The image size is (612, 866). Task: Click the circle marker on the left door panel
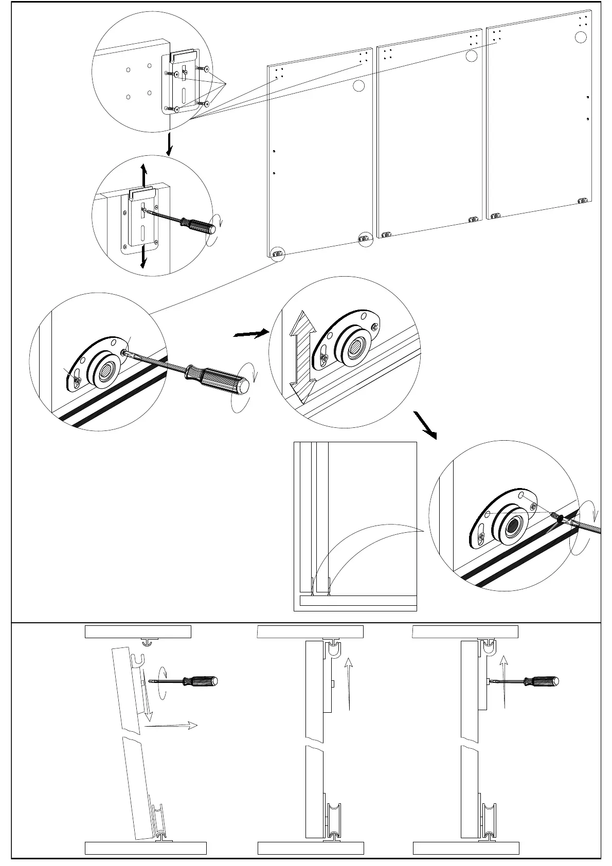pyautogui.click(x=359, y=86)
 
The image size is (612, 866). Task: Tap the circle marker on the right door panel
pyautogui.click(x=580, y=37)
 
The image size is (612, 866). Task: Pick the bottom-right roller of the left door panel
pyautogui.click(x=364, y=238)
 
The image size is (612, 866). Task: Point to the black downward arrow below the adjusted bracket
pyautogui.click(x=144, y=256)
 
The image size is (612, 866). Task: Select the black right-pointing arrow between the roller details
pyautogui.click(x=251, y=334)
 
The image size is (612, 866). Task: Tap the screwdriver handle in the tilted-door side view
pyautogui.click(x=202, y=681)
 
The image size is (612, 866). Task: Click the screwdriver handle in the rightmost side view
pyautogui.click(x=542, y=681)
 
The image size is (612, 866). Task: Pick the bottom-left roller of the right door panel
pyautogui.click(x=495, y=217)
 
